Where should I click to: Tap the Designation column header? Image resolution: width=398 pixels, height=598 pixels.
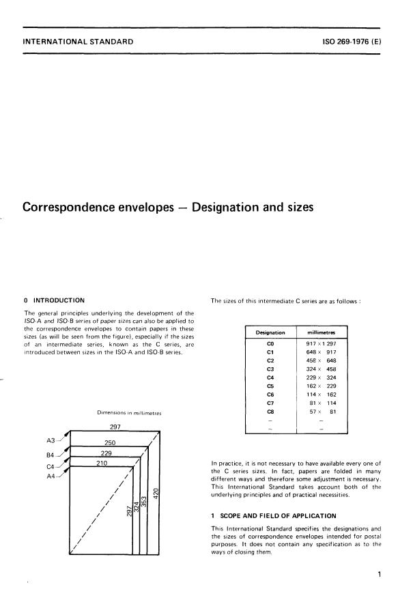[x=270, y=332]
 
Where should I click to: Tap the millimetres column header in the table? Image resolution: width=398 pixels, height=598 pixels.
[x=321, y=332]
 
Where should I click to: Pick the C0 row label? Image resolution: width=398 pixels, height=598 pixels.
[x=270, y=343]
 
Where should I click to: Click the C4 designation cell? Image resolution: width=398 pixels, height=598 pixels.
[x=270, y=377]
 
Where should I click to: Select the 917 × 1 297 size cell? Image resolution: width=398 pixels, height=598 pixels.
[x=322, y=343]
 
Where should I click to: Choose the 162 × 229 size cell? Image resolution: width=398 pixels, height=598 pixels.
[x=322, y=386]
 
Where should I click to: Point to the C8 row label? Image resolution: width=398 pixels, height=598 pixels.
[x=270, y=412]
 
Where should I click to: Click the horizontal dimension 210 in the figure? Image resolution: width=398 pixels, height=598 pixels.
[x=102, y=464]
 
